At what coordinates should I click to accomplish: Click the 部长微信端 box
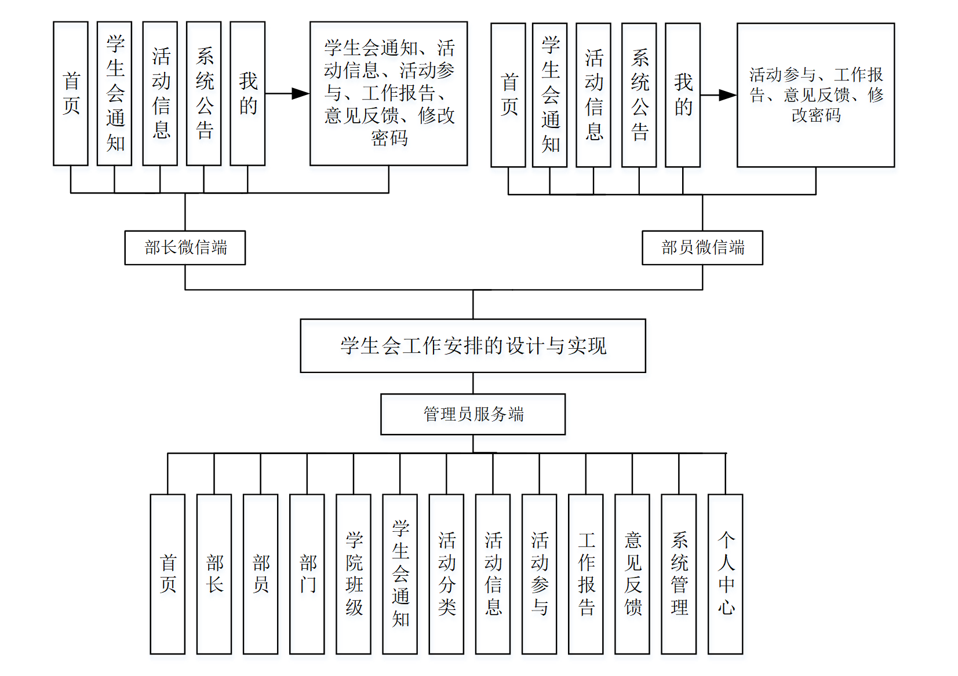pyautogui.click(x=185, y=248)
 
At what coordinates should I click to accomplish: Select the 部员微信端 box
pyautogui.click(x=702, y=248)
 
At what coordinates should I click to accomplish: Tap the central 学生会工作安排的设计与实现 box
pyautogui.click(x=473, y=346)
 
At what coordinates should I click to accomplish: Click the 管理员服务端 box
pyautogui.click(x=473, y=414)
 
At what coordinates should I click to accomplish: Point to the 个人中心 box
pyautogui.click(x=725, y=573)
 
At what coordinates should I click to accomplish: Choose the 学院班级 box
pyautogui.click(x=354, y=573)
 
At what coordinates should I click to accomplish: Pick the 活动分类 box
pyautogui.click(x=446, y=573)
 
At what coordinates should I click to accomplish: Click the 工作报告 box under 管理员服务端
pyautogui.click(x=586, y=573)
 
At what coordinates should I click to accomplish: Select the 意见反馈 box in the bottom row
pyautogui.click(x=632, y=573)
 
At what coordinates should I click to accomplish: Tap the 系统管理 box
pyautogui.click(x=679, y=573)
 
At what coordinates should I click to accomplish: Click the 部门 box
pyautogui.click(x=307, y=573)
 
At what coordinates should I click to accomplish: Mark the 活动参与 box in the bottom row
pyautogui.click(x=540, y=573)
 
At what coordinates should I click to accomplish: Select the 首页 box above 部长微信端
pyautogui.click(x=71, y=94)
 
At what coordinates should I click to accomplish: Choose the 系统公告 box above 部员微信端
pyautogui.click(x=639, y=95)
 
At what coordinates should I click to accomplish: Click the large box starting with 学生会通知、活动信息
pyautogui.click(x=389, y=94)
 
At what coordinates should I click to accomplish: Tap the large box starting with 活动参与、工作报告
pyautogui.click(x=816, y=95)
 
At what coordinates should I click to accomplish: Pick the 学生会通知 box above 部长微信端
pyautogui.click(x=115, y=94)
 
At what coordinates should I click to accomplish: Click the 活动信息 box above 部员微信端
pyautogui.click(x=593, y=95)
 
